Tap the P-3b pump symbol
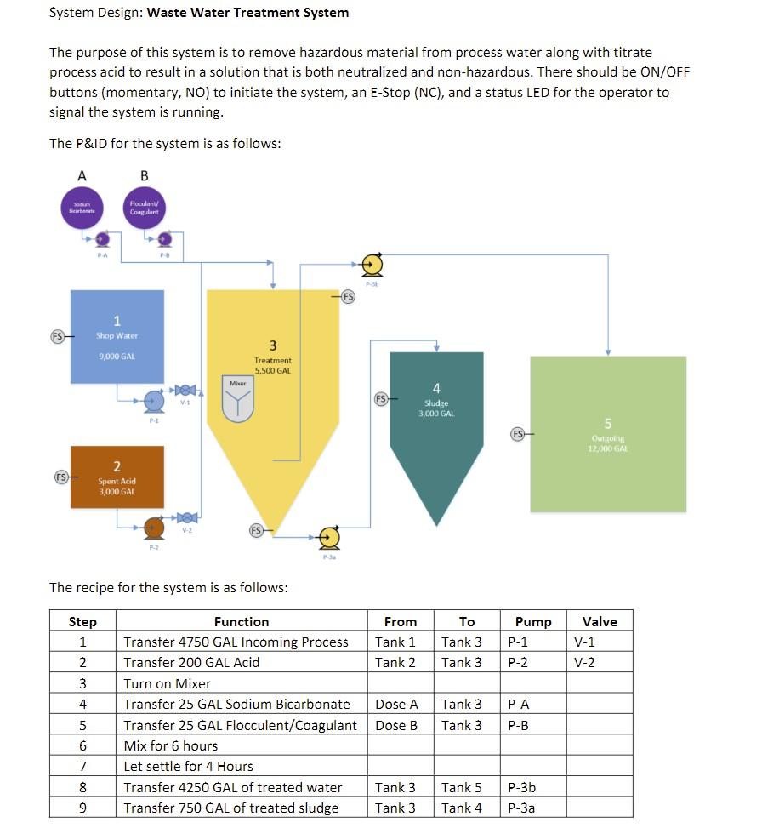coord(372,266)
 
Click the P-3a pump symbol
coord(329,537)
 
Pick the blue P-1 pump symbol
coord(153,401)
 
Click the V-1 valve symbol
coord(185,391)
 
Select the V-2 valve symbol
coord(185,517)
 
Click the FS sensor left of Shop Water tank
coord(59,335)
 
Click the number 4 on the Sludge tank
coord(436,389)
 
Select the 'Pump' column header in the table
coord(533,622)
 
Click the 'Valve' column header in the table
coord(600,622)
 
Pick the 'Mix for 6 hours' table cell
coord(171,745)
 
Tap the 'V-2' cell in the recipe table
coord(585,663)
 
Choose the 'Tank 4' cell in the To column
coord(463,808)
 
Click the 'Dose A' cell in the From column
coord(397,705)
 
